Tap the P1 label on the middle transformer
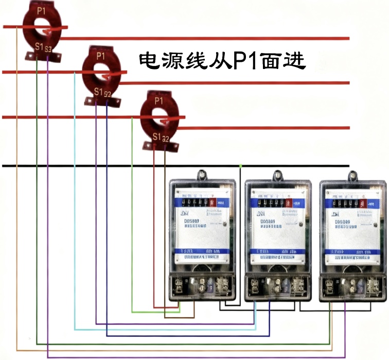(100, 55)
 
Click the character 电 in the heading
(149, 60)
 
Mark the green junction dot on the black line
(241, 166)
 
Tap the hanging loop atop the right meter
(352, 175)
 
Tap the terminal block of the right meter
(352, 286)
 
